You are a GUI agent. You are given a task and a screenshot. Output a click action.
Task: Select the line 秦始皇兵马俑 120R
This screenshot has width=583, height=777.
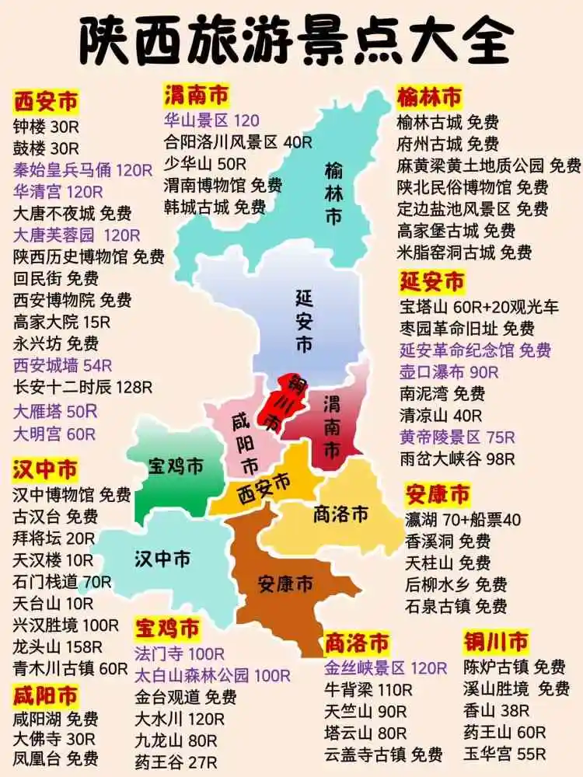click(x=82, y=170)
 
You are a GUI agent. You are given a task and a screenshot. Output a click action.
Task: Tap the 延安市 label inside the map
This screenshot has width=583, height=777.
click(x=304, y=319)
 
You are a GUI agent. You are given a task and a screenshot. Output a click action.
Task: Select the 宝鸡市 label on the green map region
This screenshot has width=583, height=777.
click(x=176, y=465)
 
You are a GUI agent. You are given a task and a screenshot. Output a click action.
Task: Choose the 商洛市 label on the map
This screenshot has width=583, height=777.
click(x=340, y=514)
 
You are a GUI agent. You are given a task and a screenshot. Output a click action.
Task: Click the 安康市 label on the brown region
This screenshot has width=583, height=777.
click(x=285, y=582)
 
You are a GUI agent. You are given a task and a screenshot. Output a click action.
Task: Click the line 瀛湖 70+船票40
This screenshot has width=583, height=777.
click(x=463, y=519)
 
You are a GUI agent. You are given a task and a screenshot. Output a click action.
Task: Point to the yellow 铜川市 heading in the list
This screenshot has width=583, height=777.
click(x=496, y=642)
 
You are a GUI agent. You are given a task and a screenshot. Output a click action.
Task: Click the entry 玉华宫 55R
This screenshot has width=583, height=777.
click(x=505, y=754)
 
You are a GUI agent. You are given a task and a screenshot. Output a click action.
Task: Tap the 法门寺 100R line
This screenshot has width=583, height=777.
click(x=180, y=653)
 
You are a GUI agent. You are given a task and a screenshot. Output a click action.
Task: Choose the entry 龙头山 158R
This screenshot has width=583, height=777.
click(x=58, y=646)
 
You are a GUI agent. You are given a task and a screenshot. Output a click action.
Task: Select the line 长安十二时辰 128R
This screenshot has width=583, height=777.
click(x=82, y=387)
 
